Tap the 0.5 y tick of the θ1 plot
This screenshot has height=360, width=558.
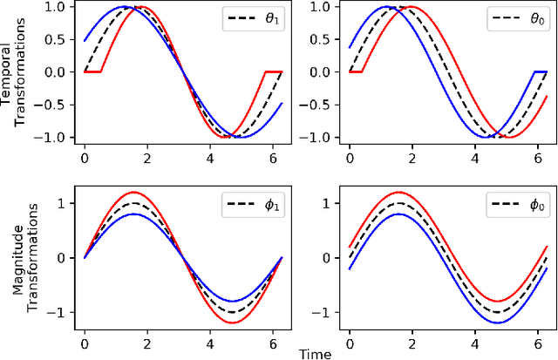pyautogui.click(x=58, y=39)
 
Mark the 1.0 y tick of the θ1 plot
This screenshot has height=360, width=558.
pyautogui.click(x=58, y=7)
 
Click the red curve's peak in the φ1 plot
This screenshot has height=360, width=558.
pyautogui.click(x=133, y=192)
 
